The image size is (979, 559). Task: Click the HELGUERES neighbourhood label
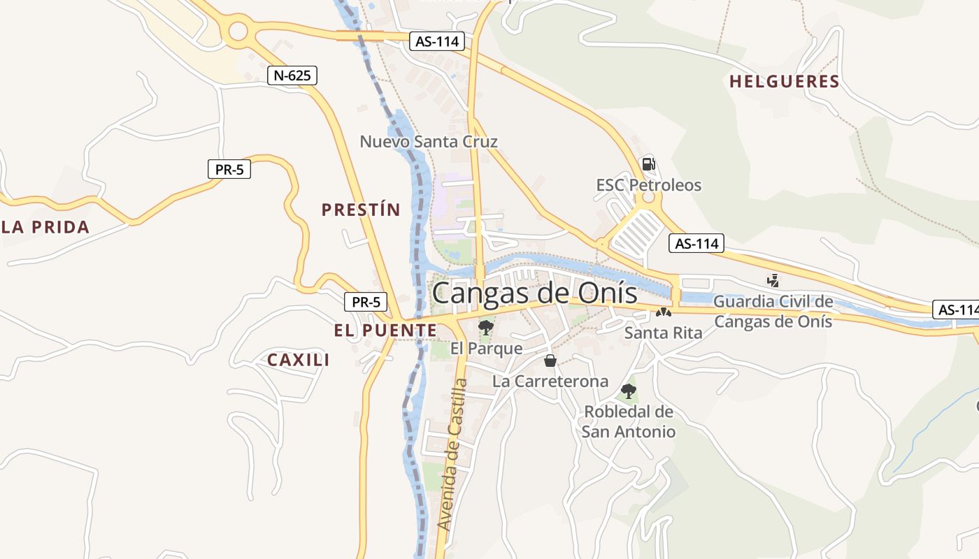click(784, 82)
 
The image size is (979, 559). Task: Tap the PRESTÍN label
click(361, 210)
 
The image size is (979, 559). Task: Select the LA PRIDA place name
click(45, 227)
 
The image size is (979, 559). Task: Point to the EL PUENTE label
click(385, 331)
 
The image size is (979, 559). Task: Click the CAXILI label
click(299, 361)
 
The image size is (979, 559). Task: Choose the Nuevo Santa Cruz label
click(429, 142)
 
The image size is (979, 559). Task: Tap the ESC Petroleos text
click(648, 185)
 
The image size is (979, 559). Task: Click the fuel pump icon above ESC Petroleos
click(648, 164)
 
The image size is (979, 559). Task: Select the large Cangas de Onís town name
click(534, 293)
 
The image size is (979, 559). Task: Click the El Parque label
click(486, 348)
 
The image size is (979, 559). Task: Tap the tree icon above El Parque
click(485, 327)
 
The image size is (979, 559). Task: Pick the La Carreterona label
click(550, 382)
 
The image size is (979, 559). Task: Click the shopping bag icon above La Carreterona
click(550, 361)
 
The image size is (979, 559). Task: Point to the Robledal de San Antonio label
click(629, 421)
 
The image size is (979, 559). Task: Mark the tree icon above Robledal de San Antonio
click(629, 391)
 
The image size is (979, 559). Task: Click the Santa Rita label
click(663, 333)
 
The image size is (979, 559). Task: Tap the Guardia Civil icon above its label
click(773, 281)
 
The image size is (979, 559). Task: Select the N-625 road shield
click(292, 75)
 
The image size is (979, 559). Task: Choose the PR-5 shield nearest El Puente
click(366, 303)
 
